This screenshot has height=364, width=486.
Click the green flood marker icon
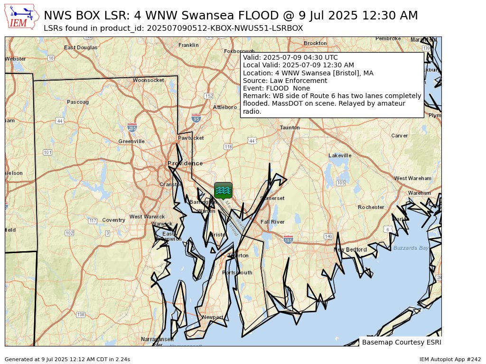coord(223,191)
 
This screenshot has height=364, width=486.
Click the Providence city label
coord(185,164)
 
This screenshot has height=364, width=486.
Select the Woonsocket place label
coord(148,80)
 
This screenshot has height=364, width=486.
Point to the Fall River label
coord(272,222)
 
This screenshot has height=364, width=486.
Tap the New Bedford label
coord(350,250)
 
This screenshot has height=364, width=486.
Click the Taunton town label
coord(290,127)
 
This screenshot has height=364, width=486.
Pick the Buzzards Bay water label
coord(411,248)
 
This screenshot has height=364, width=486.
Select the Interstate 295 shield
coord(132,127)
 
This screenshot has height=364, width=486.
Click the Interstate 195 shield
coord(288,239)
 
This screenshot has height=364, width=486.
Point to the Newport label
coord(212,317)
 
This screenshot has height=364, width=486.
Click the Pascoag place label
coord(78,102)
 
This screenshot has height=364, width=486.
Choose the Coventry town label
coord(113,220)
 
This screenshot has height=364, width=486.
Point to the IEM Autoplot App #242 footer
coord(450,360)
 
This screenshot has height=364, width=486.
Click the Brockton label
coord(315,43)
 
